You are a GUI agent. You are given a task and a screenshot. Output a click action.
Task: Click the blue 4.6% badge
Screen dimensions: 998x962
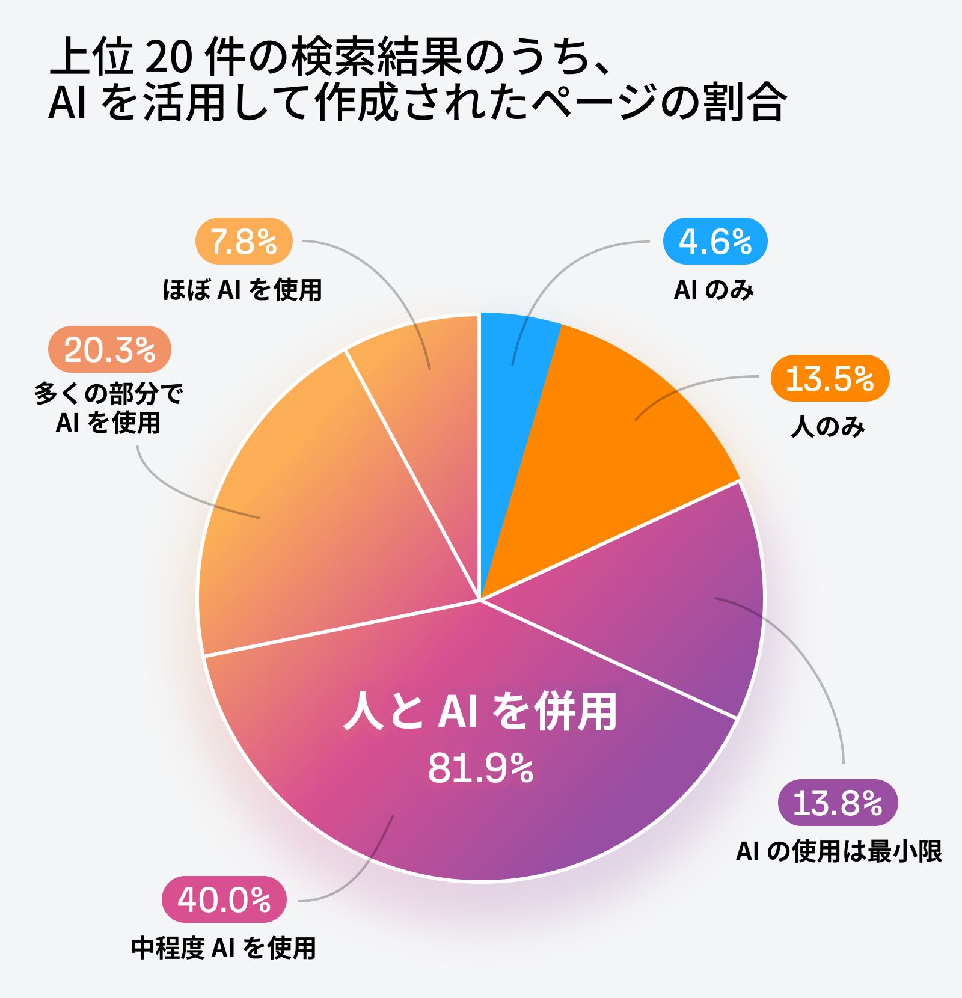[x=715, y=241]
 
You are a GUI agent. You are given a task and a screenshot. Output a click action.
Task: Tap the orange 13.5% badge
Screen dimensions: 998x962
[x=830, y=378]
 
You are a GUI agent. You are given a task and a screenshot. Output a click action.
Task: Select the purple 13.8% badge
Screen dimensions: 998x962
[x=838, y=803]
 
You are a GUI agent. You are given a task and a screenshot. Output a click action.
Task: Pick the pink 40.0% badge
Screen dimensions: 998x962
[x=224, y=899]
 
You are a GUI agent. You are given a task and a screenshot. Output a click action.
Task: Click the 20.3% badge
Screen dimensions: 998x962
[x=109, y=349]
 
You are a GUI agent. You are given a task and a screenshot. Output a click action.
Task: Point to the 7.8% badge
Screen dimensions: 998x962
[x=244, y=241]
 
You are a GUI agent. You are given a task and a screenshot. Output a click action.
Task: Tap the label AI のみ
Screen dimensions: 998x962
[x=714, y=290]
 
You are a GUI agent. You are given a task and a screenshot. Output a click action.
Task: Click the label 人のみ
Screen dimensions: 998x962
[x=828, y=427]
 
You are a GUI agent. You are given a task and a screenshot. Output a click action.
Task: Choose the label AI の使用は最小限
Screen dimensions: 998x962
[x=839, y=851]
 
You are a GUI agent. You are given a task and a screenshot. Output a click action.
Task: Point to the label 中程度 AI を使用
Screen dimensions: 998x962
[x=224, y=948]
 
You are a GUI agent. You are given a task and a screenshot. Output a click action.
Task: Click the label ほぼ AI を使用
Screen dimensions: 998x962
[x=242, y=290]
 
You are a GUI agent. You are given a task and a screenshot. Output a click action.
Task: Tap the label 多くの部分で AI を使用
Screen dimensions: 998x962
[x=108, y=408]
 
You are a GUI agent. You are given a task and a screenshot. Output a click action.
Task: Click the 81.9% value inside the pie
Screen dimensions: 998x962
[x=480, y=768]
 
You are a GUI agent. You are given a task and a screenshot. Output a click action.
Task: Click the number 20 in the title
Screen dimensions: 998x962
[x=168, y=58]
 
